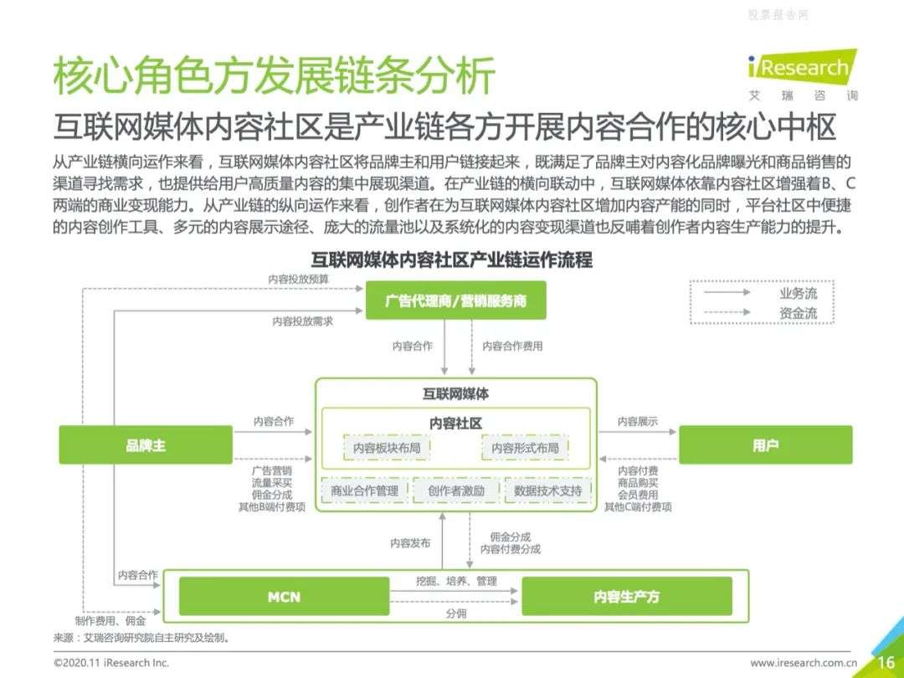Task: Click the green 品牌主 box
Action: (x=146, y=444)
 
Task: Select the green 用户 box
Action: (x=765, y=444)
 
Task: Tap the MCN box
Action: (x=285, y=596)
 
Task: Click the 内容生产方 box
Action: (x=627, y=596)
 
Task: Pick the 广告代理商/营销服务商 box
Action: (x=455, y=300)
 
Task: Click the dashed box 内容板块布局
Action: (x=386, y=448)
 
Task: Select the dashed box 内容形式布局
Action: (x=525, y=448)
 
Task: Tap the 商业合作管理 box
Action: (x=364, y=491)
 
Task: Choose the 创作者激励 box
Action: (x=456, y=491)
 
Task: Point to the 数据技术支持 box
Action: (x=547, y=491)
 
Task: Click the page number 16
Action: (x=886, y=662)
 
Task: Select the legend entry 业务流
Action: (x=798, y=294)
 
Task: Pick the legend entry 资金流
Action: (x=798, y=313)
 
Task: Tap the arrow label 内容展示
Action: (x=637, y=421)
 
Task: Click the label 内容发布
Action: (x=410, y=543)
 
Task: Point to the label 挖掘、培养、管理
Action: (x=456, y=581)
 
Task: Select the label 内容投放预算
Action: (x=299, y=279)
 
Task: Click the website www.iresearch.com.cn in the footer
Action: (x=804, y=663)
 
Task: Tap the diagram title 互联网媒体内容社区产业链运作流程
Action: (x=451, y=259)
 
